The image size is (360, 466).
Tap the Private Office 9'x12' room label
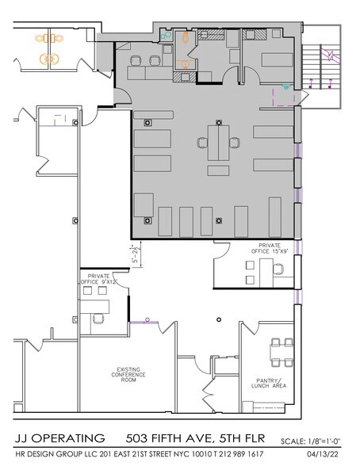coord(98,279)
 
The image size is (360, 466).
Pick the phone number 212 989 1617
coord(261,454)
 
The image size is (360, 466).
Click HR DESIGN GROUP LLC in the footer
coord(55,454)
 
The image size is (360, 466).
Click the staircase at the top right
coord(322,67)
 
